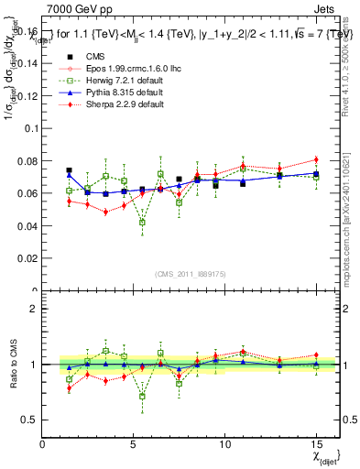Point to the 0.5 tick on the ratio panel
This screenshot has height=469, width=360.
[x=30, y=420]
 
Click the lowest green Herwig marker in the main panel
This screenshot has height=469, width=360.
[x=142, y=222]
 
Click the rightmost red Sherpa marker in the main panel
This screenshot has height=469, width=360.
[x=316, y=159]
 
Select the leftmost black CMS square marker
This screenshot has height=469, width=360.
[x=69, y=170]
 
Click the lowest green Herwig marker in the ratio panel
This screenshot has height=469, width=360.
[x=142, y=397]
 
